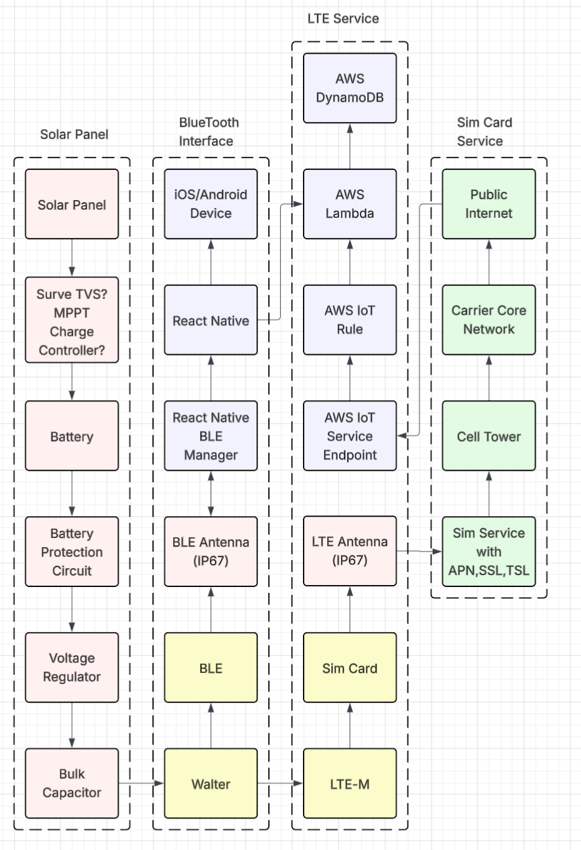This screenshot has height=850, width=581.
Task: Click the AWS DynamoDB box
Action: (x=350, y=88)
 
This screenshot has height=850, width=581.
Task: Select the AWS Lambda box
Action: (x=350, y=204)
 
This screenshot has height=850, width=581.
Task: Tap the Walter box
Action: (x=210, y=783)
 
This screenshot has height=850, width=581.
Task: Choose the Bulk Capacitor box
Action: (x=71, y=783)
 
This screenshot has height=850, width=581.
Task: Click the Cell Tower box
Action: (x=489, y=435)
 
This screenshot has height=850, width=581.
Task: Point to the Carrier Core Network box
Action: (x=489, y=320)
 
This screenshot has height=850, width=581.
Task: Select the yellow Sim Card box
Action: (x=350, y=668)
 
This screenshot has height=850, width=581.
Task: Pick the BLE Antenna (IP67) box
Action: (x=210, y=552)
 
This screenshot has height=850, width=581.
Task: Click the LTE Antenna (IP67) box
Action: (x=350, y=551)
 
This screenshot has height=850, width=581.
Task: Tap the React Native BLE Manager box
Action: (x=210, y=435)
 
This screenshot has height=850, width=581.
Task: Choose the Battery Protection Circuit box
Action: (x=71, y=552)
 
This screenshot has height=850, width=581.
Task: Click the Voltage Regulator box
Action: (x=71, y=668)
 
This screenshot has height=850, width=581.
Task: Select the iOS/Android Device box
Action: (x=210, y=204)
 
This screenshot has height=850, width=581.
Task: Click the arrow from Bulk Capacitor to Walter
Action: (x=141, y=783)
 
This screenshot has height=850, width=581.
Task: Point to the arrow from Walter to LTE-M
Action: (x=280, y=783)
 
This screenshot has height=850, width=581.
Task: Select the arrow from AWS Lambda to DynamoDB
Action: (x=350, y=146)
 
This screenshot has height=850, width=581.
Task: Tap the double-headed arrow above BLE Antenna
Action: (x=211, y=493)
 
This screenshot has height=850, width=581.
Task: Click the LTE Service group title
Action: (x=343, y=18)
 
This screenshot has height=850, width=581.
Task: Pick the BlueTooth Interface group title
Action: (x=209, y=132)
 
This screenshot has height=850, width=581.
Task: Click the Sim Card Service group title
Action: (x=484, y=132)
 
